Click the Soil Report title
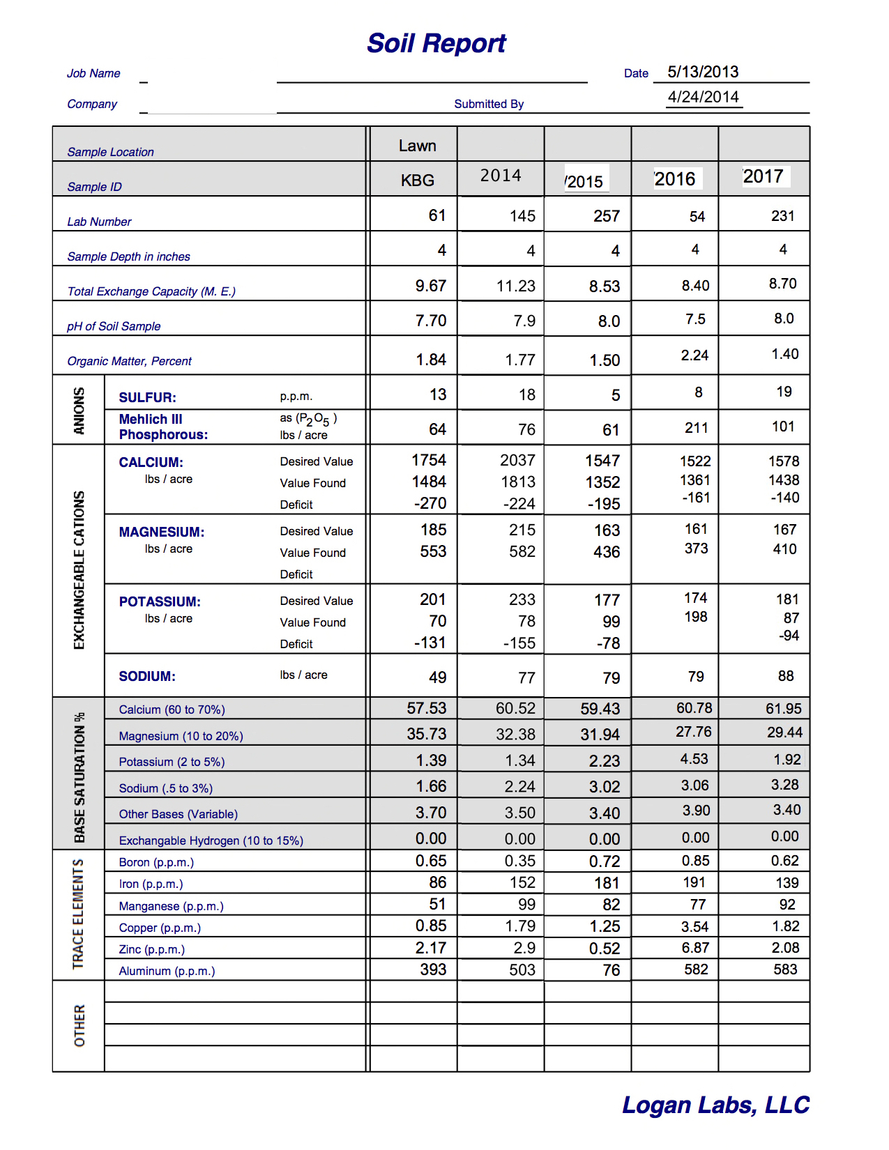click(436, 43)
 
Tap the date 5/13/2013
click(703, 72)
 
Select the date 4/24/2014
click(703, 97)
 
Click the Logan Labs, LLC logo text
click(715, 1105)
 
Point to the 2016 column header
click(675, 179)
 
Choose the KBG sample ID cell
click(417, 181)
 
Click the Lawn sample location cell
click(417, 146)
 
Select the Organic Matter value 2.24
click(694, 355)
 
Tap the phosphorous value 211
click(696, 428)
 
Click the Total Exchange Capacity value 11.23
click(516, 286)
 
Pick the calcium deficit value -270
click(430, 503)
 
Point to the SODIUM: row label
click(147, 676)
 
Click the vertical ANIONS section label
click(79, 411)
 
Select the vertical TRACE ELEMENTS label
click(79, 914)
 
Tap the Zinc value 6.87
click(695, 948)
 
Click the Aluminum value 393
click(433, 969)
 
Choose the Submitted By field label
click(489, 104)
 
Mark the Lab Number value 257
click(607, 216)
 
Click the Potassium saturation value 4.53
click(694, 759)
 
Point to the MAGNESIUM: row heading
click(162, 532)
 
